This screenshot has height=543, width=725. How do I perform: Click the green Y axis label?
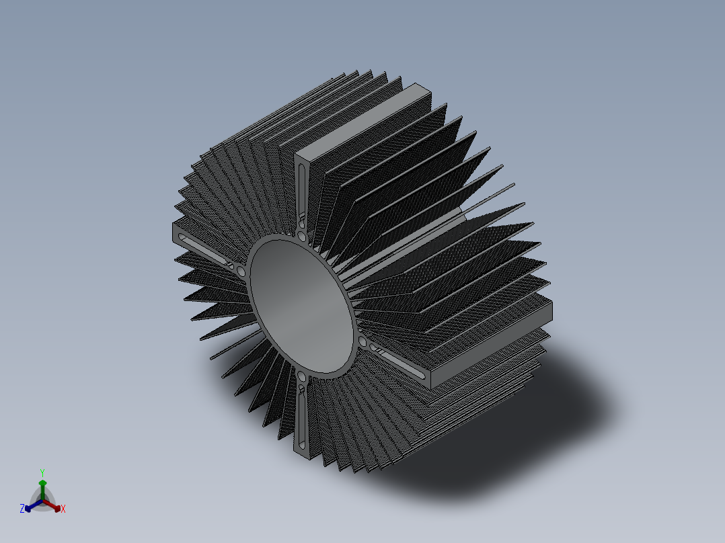[x=42, y=472]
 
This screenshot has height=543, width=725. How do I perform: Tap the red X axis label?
[x=63, y=509]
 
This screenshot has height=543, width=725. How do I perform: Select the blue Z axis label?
[x=22, y=508]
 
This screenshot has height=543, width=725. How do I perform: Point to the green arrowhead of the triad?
[x=42, y=483]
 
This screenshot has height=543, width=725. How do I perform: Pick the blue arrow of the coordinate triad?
[x=34, y=505]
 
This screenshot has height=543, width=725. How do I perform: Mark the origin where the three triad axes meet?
[x=42, y=501]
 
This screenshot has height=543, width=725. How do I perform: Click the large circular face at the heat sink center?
[x=302, y=306]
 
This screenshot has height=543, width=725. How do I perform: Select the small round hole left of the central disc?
[x=241, y=271]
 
